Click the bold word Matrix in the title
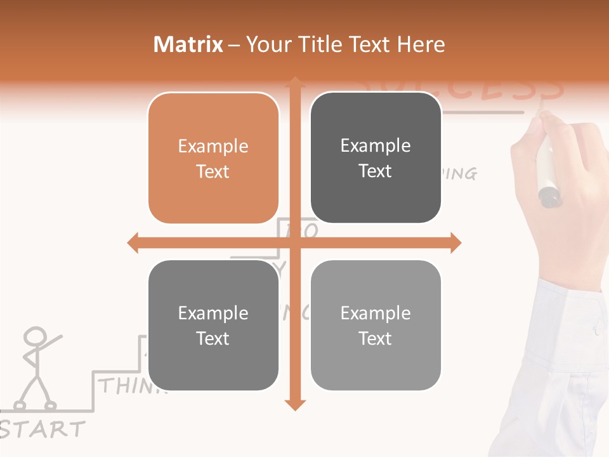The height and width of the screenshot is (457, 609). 188,44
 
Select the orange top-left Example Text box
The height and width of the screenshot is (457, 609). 213,159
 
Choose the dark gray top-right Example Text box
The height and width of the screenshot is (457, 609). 376,158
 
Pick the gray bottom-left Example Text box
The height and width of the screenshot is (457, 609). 213,326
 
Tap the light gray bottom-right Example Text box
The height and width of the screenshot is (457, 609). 376,326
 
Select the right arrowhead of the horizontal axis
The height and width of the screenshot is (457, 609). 455,242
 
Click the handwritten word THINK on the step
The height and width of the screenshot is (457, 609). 130,386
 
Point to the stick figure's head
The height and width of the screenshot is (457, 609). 36,336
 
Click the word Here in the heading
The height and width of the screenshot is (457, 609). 421,44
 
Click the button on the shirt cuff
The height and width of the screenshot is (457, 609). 596,330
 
